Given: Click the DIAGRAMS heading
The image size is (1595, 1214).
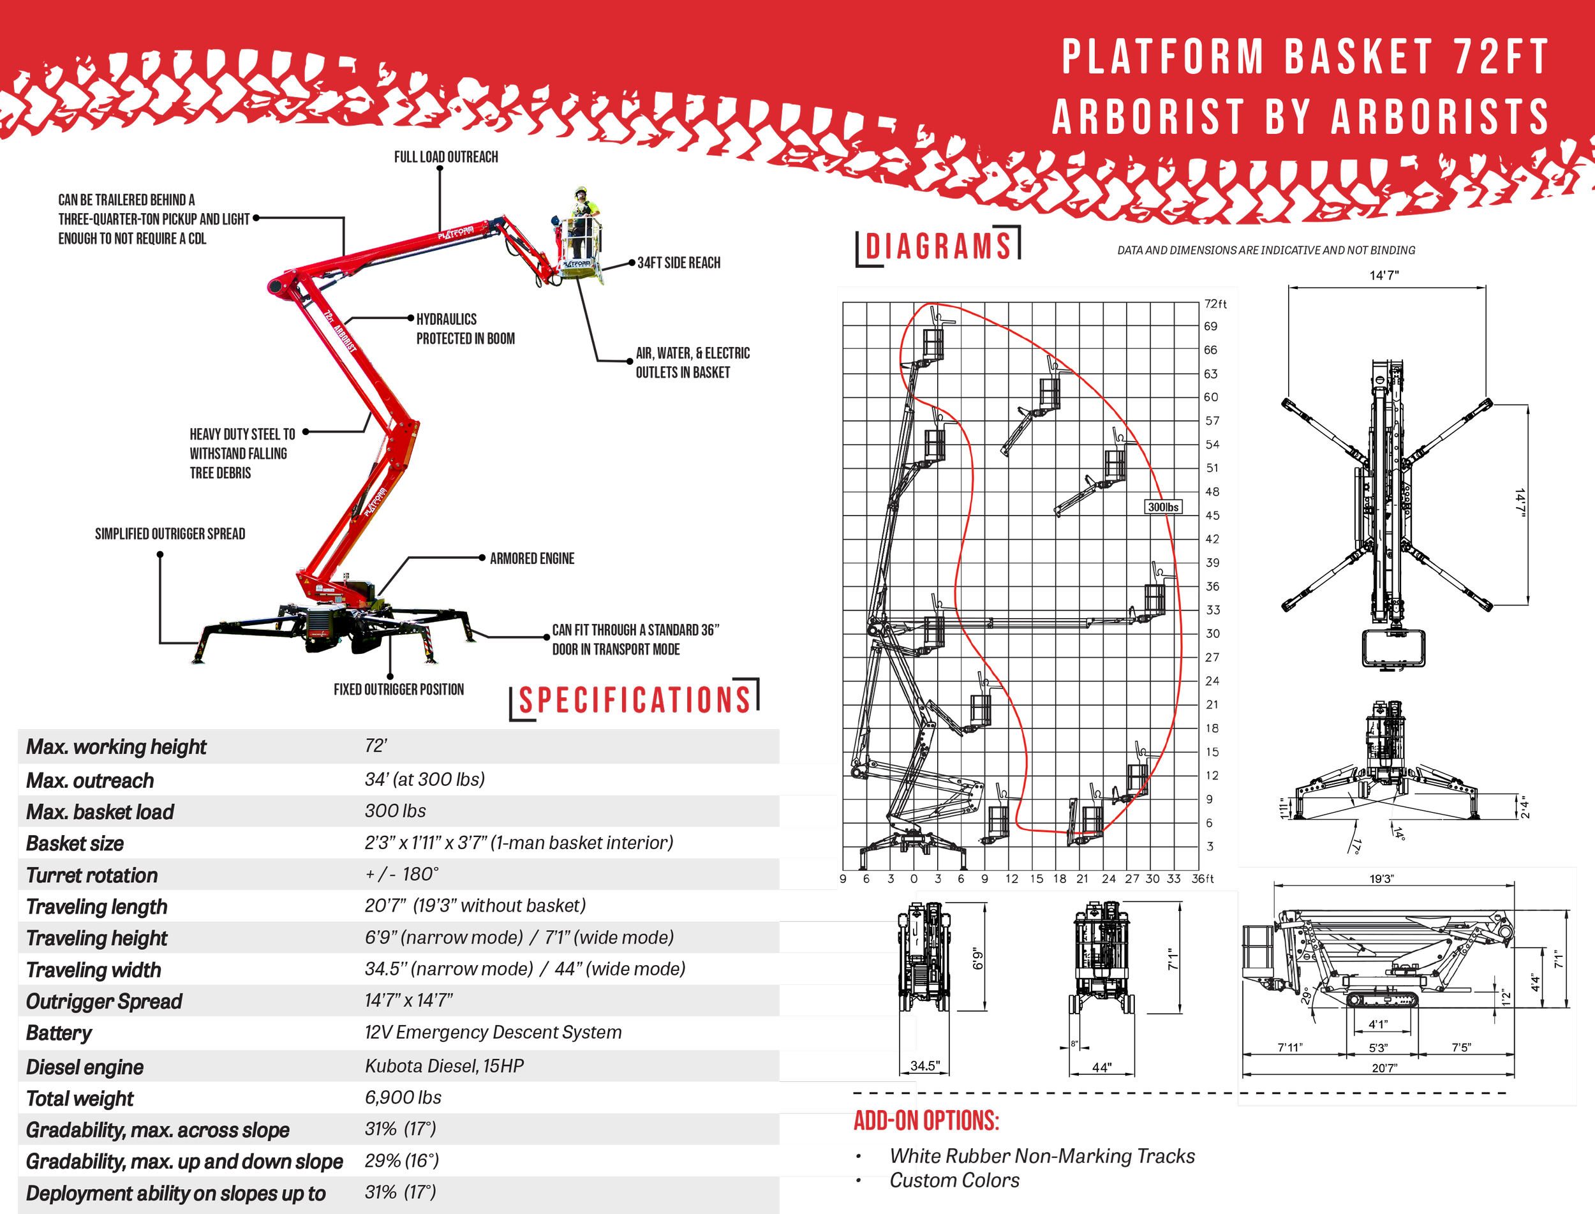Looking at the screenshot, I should (938, 246).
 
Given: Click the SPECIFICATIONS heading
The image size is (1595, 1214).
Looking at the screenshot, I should (635, 700).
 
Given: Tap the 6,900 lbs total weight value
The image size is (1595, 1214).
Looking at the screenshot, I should (403, 1097).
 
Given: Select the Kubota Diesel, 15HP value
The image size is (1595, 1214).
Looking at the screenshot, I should (444, 1066).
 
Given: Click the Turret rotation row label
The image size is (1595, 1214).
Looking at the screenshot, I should (92, 875).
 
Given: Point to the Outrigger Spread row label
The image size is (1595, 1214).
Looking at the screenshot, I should (104, 1002).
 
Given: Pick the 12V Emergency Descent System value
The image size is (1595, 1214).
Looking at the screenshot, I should (493, 1032).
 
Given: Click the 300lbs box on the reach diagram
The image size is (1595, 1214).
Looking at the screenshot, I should (1163, 507).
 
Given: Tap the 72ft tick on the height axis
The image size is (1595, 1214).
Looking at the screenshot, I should (1215, 304).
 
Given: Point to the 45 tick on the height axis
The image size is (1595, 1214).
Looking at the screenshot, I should (1212, 515).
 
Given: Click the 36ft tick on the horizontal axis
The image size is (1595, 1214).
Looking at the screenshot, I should (1203, 878).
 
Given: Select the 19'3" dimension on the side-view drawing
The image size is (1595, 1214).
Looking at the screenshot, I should (1381, 878).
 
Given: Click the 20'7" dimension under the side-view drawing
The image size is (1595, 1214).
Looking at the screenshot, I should (1384, 1068).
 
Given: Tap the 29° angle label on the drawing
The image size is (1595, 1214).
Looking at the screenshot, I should (1306, 996).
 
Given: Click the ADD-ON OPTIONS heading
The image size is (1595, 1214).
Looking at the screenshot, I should (926, 1121).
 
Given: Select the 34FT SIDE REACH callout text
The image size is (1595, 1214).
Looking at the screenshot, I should (679, 263).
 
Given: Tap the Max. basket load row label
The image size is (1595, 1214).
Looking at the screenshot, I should (100, 812).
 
